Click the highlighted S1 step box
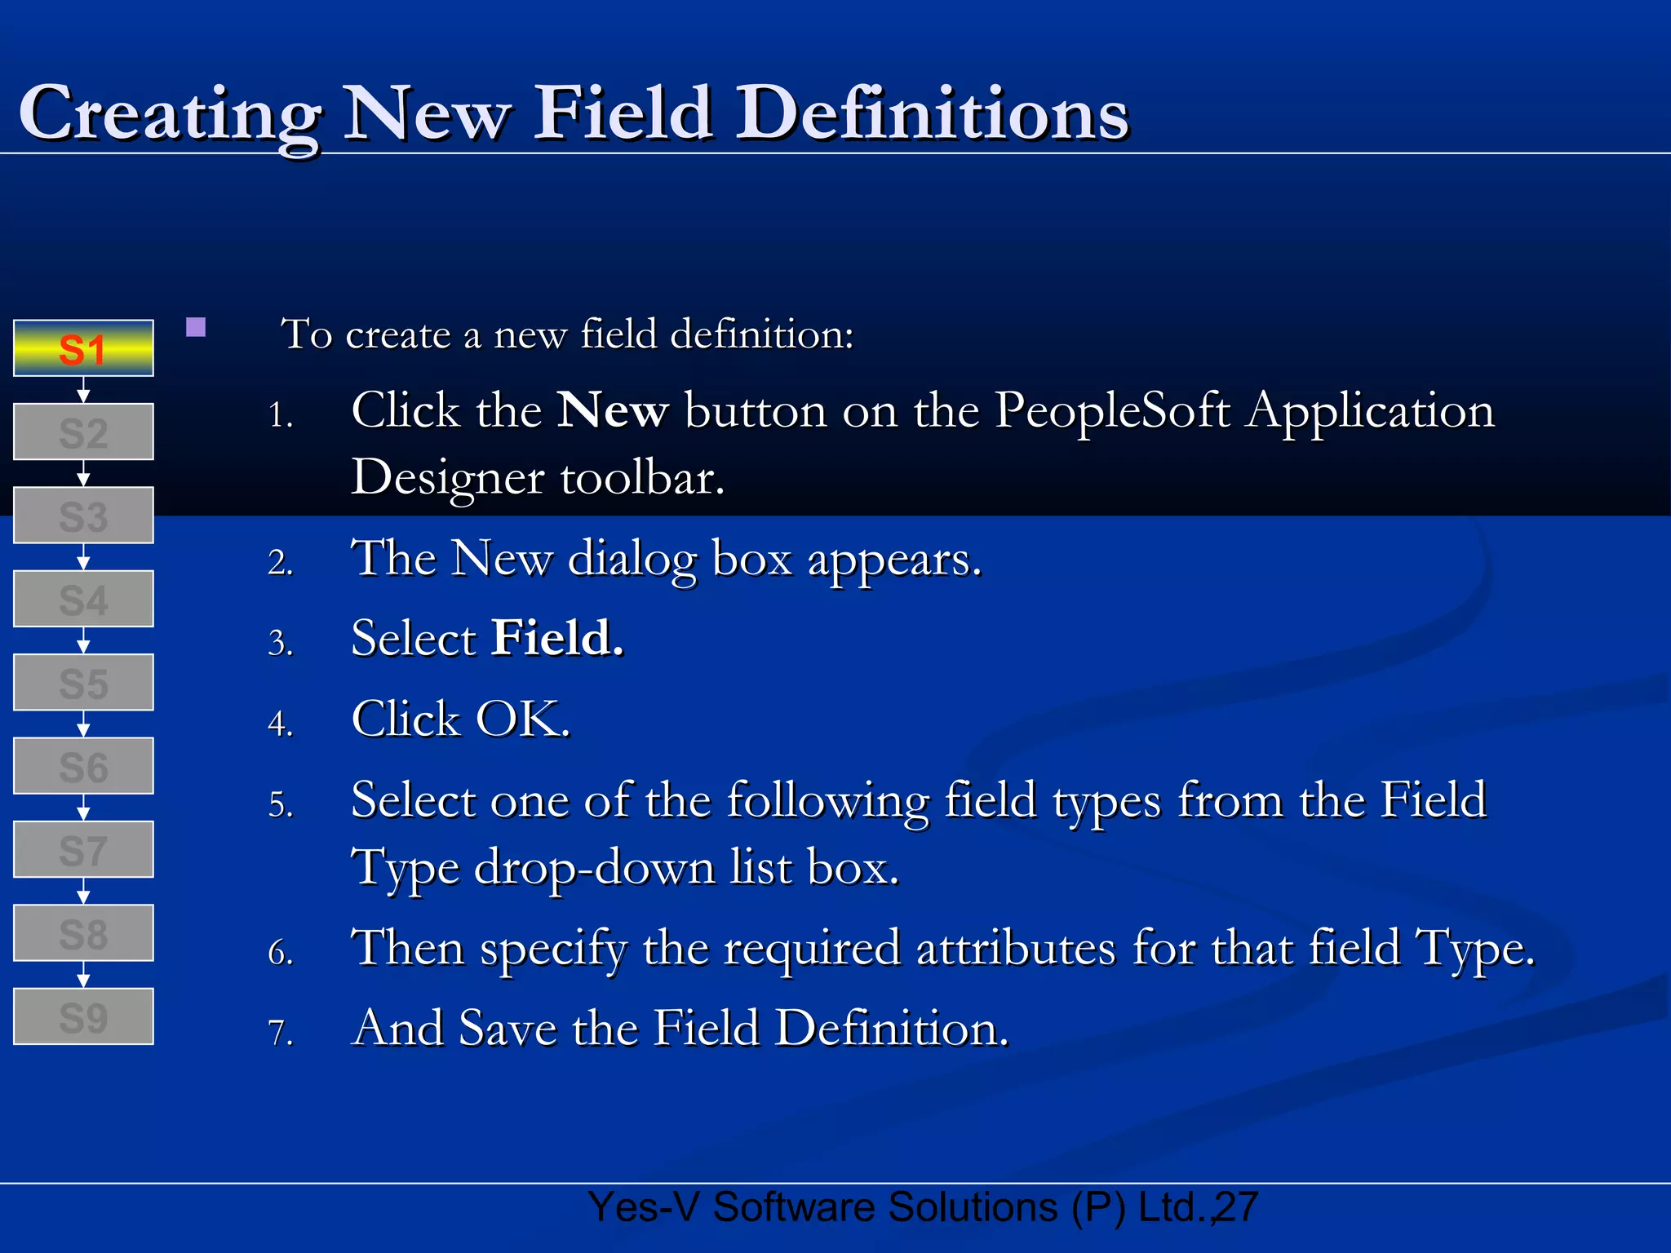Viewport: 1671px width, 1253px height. coord(83,348)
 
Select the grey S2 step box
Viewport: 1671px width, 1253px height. coord(83,432)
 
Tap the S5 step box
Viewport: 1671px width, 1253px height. coord(83,683)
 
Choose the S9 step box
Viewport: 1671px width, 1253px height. coord(83,1016)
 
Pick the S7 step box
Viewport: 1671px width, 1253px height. coord(83,850)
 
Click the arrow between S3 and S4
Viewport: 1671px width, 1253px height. coord(83,557)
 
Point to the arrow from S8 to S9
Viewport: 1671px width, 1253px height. coord(83,975)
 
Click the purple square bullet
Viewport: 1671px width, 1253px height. coord(196,328)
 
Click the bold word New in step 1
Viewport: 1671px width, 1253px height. coord(613,410)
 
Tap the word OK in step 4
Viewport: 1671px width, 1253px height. coord(522,719)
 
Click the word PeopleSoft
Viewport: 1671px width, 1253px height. coord(1112,410)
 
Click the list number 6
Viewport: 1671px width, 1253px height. coord(280,952)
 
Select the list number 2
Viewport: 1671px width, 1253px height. coord(280,563)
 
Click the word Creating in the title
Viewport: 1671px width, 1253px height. coord(170,114)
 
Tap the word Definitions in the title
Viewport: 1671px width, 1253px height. coord(933,114)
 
